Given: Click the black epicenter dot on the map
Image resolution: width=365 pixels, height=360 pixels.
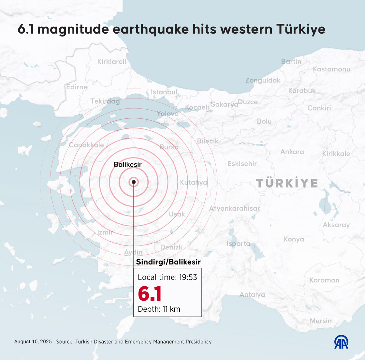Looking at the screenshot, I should (x=134, y=182).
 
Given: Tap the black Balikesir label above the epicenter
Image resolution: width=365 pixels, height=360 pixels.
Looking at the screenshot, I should (x=127, y=165).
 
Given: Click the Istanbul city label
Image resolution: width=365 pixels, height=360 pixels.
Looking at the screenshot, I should (x=164, y=92).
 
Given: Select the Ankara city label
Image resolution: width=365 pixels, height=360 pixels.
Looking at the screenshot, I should (x=292, y=152).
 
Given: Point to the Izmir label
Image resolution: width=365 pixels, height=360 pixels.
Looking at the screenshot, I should (x=105, y=232).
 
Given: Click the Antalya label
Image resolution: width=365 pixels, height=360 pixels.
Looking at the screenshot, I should (x=252, y=295).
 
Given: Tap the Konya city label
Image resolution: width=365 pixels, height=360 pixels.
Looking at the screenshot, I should (x=294, y=239).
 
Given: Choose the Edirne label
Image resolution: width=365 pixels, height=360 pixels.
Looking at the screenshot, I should (x=77, y=87).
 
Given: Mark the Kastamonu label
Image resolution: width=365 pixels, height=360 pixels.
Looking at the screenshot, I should (x=331, y=69).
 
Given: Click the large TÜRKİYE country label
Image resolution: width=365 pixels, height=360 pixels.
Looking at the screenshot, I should (x=287, y=183).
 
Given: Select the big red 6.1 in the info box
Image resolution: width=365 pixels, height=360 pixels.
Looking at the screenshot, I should (x=150, y=294).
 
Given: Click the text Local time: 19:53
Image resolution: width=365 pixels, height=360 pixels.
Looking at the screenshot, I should (x=168, y=277).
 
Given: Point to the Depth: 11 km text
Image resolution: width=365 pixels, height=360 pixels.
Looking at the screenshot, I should (x=159, y=309).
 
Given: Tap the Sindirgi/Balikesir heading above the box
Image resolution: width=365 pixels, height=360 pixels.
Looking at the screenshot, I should (x=168, y=262).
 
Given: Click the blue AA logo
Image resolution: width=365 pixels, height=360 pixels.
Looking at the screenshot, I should (x=341, y=342).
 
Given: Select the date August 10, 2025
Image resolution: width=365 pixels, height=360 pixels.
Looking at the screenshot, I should (x=33, y=342).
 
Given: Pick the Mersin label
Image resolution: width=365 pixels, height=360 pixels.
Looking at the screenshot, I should (x=321, y=321).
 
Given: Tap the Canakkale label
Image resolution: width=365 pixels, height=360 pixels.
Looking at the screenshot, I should (x=86, y=145).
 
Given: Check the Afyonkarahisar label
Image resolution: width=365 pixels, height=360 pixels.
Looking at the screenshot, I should (x=234, y=208).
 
